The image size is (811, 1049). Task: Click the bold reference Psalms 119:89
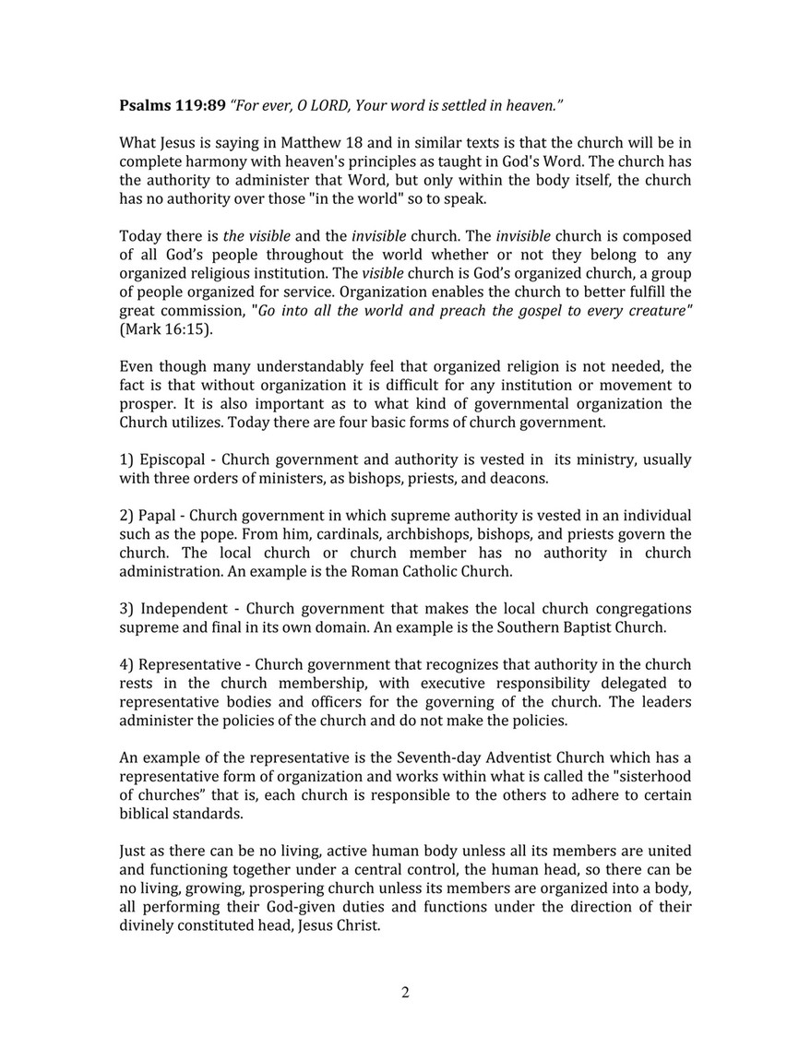point(173,106)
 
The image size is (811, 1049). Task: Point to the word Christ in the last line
point(356,926)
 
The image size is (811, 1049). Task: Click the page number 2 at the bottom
point(405,993)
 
